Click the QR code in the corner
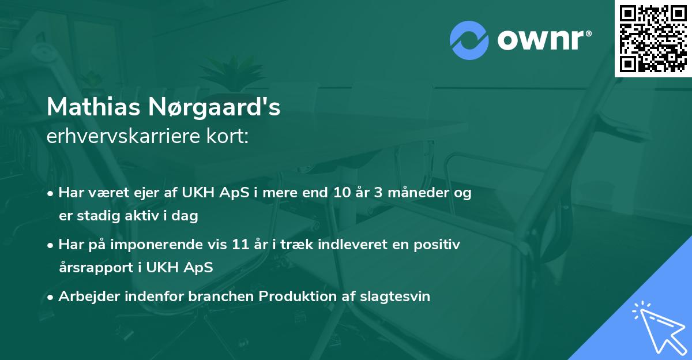[653, 38]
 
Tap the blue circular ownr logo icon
[469, 40]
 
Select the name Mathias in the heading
[92, 107]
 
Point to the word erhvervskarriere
[122, 136]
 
